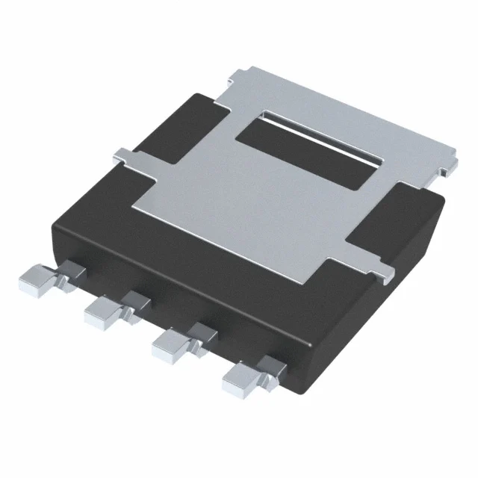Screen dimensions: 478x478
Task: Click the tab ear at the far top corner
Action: point(243,74)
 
